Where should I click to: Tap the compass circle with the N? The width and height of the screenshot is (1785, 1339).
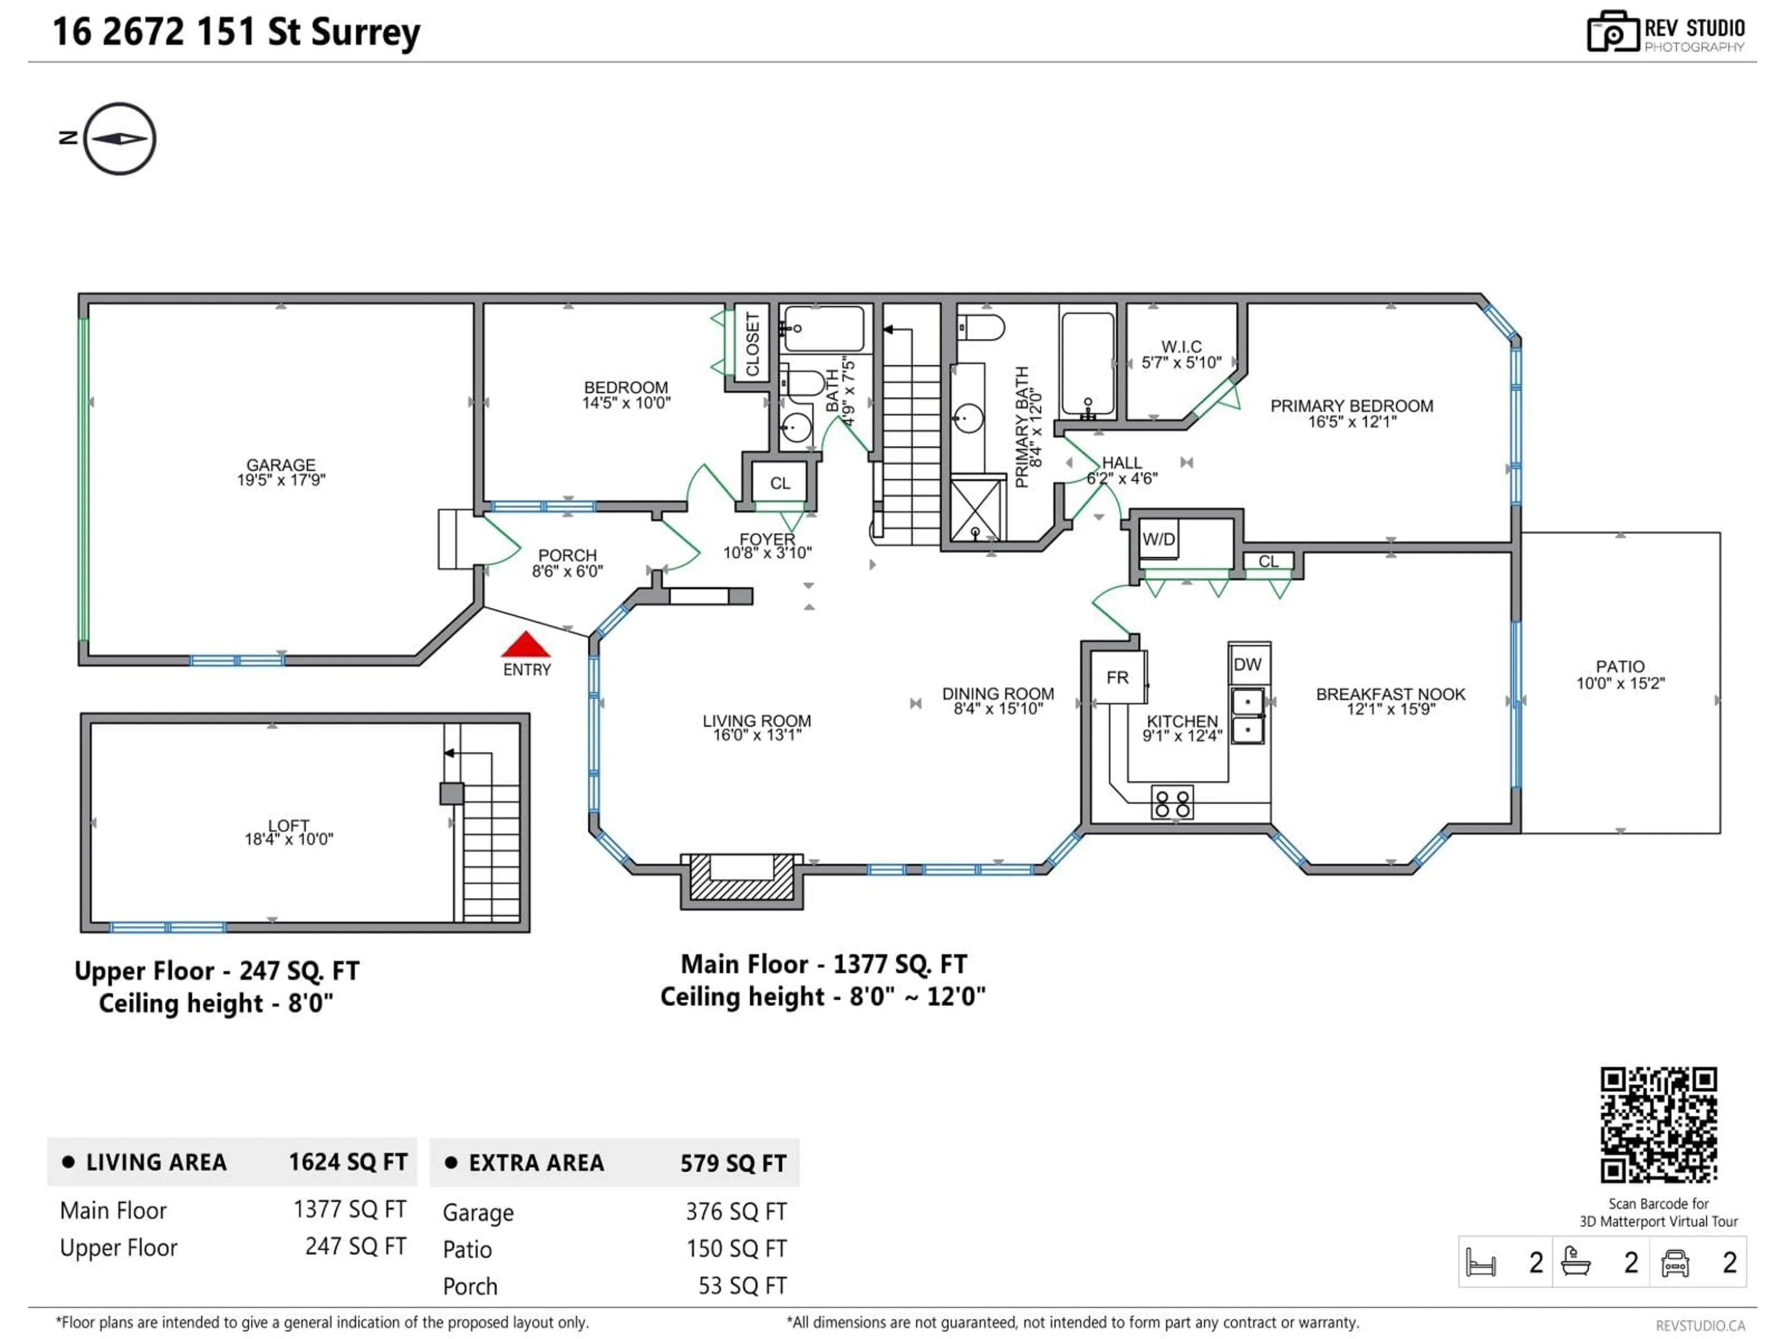coord(119,139)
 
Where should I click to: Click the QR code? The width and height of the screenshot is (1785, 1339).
coord(1658,1124)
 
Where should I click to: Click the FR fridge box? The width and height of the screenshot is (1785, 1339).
coord(1117,678)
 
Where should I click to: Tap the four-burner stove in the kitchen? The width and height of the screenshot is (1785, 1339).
coord(1172,803)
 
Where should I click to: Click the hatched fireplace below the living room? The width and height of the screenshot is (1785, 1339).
coord(741,882)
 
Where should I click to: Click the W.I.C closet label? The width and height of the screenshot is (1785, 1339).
coord(1181,347)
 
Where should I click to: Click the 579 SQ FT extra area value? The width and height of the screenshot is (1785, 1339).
coord(733,1163)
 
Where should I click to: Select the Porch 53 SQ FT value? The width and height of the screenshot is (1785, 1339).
coord(741,1286)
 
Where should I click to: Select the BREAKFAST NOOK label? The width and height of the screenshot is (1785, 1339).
coord(1390,694)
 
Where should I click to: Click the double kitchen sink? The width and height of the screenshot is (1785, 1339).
coord(1248,715)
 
